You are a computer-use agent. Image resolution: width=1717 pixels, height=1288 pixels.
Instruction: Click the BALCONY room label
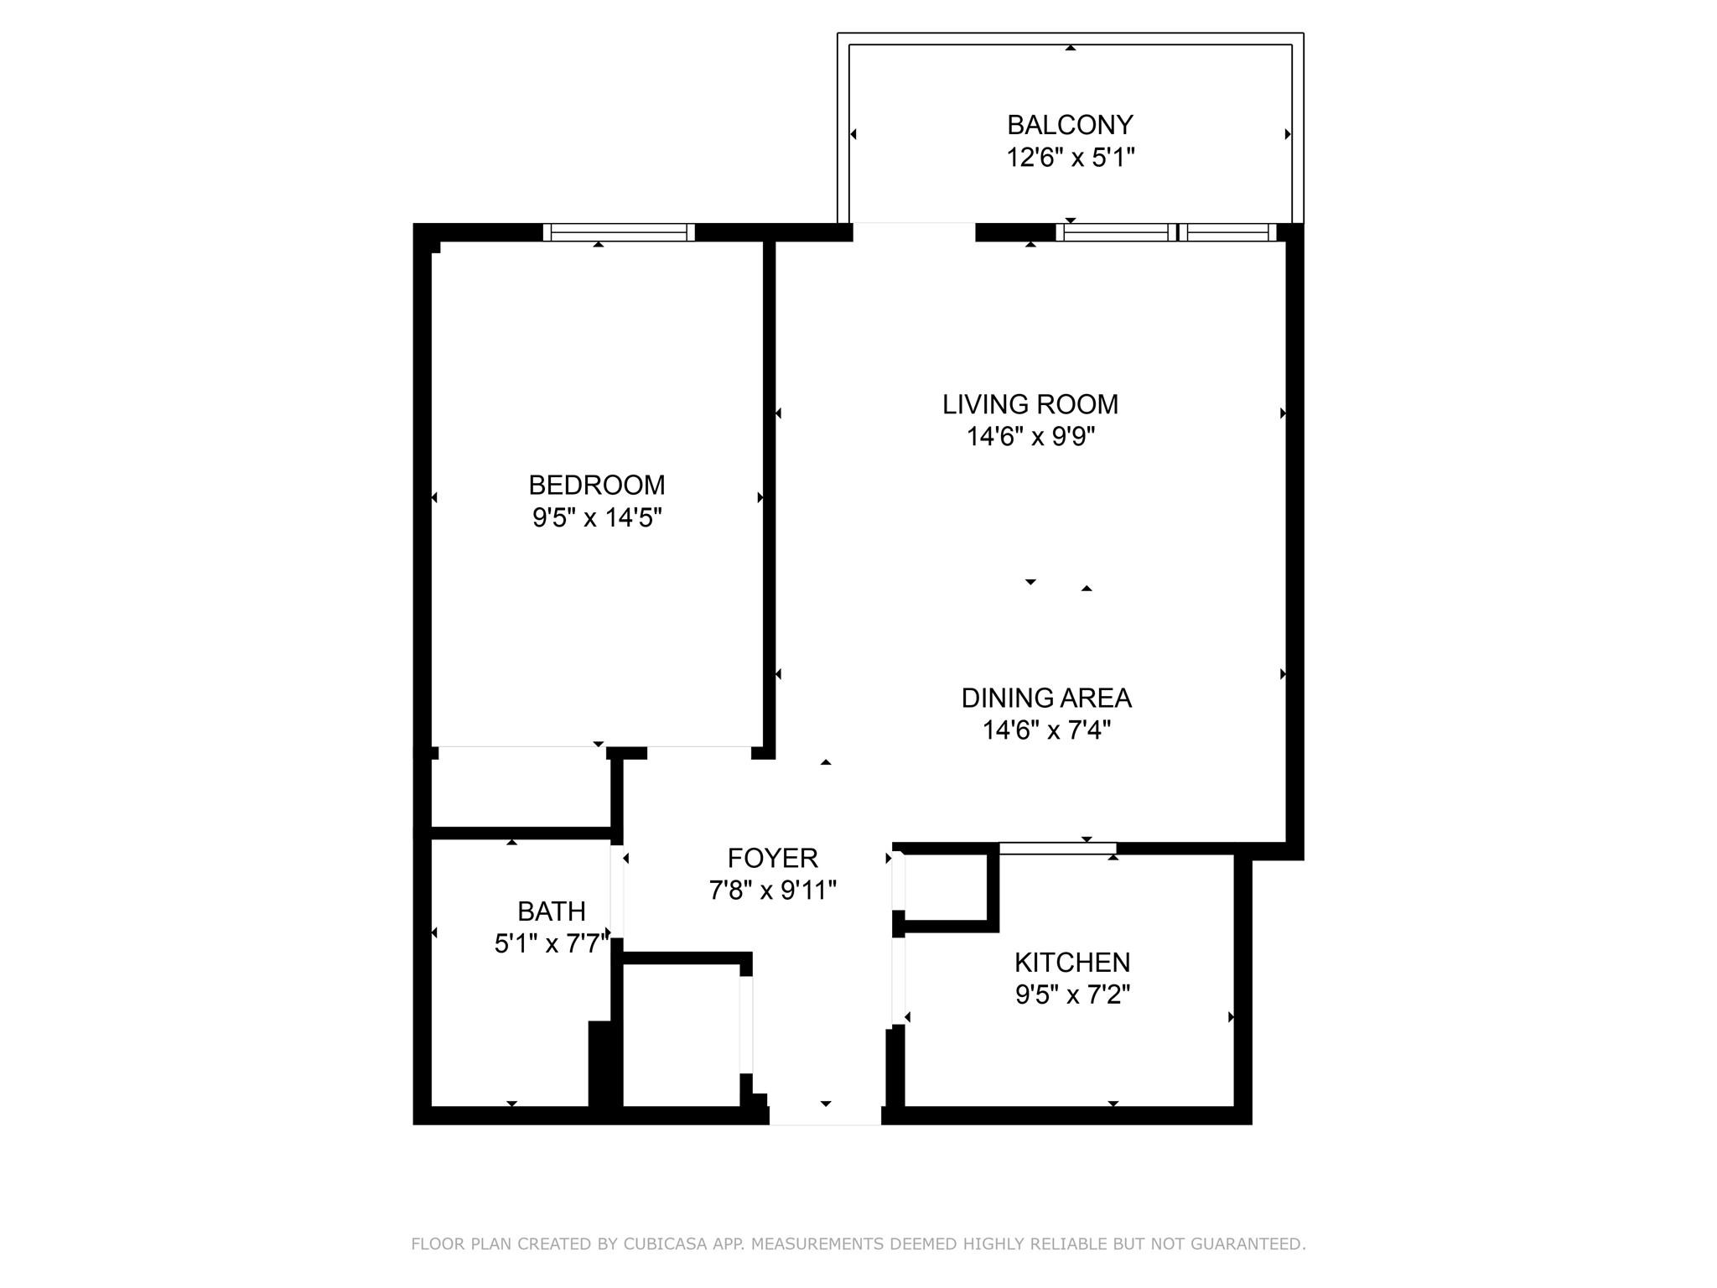pos(1070,125)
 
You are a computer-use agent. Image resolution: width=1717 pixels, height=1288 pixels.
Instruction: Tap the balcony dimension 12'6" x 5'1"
pos(1070,158)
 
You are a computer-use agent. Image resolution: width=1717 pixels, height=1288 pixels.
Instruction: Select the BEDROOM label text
pos(596,486)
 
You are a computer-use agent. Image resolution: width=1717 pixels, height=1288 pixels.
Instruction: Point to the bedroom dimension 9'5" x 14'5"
pos(596,518)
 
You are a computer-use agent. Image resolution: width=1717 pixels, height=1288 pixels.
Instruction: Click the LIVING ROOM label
pos(1030,405)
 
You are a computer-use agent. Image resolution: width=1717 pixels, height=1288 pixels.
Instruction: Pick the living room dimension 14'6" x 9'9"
pos(1030,437)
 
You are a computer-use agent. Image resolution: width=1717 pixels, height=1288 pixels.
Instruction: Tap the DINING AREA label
pos(1045,699)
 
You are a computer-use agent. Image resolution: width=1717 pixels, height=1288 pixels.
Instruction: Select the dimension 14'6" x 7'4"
pos(1045,730)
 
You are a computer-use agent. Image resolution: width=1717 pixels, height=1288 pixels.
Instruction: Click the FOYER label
pos(772,859)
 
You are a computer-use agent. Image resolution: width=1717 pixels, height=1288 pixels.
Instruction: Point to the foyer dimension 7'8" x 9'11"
pos(772,891)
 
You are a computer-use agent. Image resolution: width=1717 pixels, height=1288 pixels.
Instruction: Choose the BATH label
pos(551,911)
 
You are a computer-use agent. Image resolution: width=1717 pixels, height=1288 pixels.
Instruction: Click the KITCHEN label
pos(1071,963)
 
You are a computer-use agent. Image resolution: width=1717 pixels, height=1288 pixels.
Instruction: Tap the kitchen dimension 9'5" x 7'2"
pos(1071,995)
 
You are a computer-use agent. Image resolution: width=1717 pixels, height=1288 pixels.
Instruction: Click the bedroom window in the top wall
pos(619,232)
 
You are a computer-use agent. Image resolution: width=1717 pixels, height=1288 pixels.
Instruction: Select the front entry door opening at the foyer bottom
pos(825,1115)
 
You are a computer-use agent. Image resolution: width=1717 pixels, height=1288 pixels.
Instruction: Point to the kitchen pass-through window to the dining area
pos(1057,849)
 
